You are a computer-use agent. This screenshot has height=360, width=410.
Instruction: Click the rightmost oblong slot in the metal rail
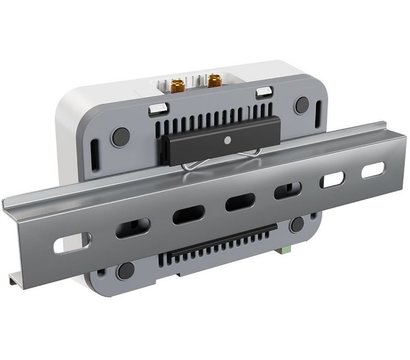(x=372, y=171)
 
